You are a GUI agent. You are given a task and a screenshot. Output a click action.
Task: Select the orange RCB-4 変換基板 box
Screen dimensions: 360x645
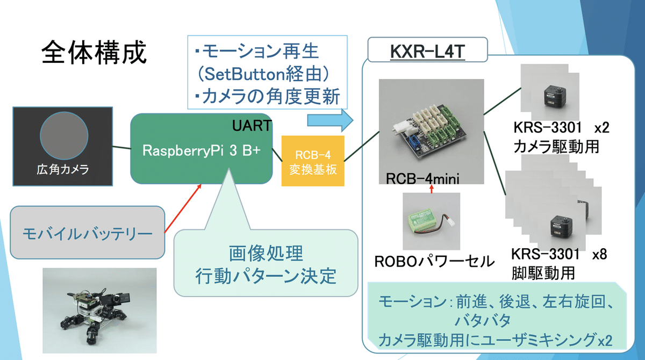point(313,161)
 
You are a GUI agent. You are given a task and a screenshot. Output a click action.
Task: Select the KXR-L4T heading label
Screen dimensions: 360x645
point(427,53)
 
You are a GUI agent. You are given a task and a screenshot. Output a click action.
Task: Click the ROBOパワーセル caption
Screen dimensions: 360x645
point(434,262)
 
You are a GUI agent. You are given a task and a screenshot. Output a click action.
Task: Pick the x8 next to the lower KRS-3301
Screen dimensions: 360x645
point(599,254)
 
